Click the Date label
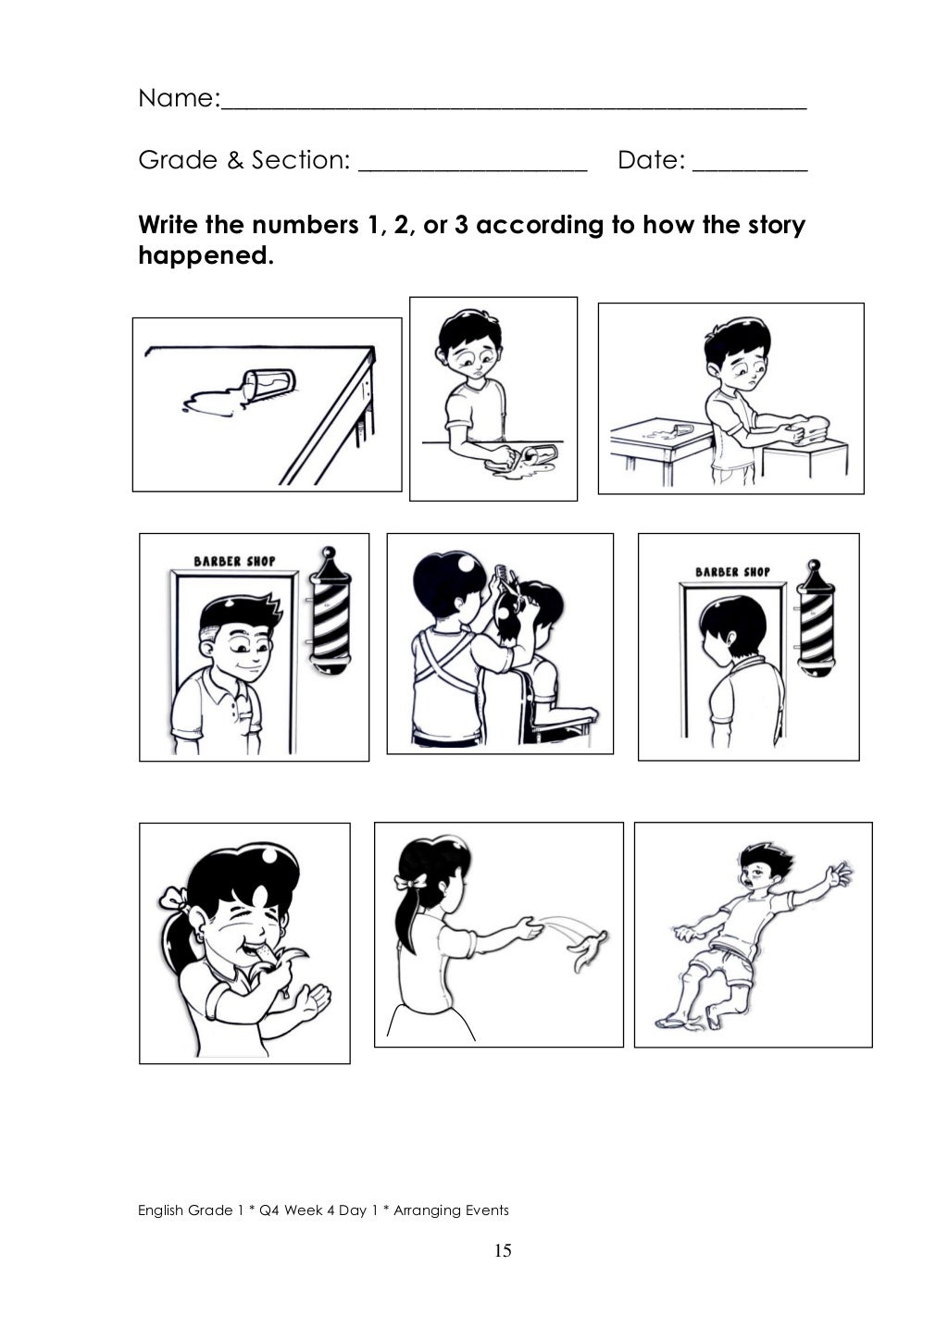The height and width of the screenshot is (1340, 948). tap(650, 160)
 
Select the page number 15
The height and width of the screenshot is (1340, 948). tap(503, 1251)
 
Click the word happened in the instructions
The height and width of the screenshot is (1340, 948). tap(206, 255)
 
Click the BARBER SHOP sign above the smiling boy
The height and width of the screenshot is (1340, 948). tap(234, 561)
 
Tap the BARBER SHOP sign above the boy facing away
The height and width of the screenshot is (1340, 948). tap(732, 572)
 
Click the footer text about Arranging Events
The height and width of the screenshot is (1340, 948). tap(323, 1210)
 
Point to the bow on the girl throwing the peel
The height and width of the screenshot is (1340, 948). tap(408, 883)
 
